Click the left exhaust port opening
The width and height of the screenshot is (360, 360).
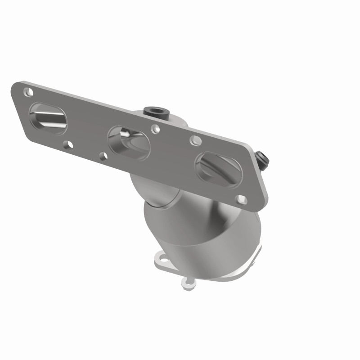(x=48, y=118)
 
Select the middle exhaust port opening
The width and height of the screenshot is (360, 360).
(x=129, y=142)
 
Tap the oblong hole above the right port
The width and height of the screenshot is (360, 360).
(x=195, y=140)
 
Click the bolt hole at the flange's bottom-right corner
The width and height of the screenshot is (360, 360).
(x=241, y=198)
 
